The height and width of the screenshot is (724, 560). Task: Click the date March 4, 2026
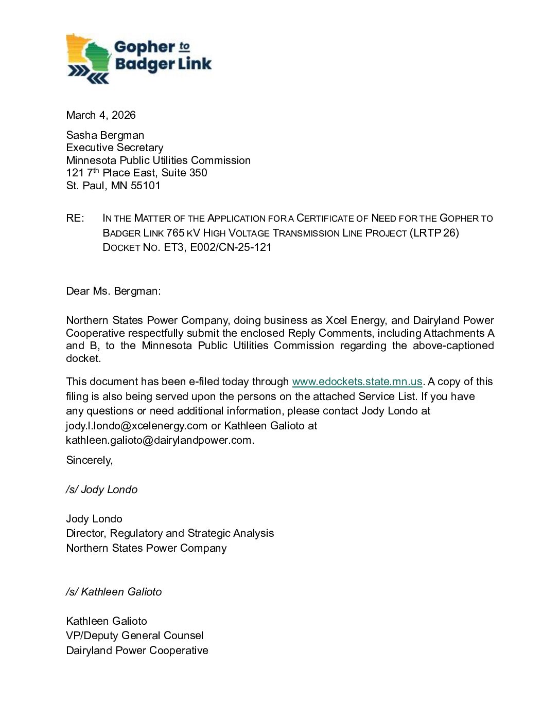tap(101, 115)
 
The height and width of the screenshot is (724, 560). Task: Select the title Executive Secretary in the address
tap(114, 148)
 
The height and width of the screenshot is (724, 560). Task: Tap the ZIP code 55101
tap(146, 186)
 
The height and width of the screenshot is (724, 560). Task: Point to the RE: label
tap(75, 218)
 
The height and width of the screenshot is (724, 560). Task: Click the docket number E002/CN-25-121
tap(231, 247)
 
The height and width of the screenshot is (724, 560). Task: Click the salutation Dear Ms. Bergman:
tap(113, 291)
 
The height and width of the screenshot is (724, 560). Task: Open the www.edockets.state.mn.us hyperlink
tap(357, 382)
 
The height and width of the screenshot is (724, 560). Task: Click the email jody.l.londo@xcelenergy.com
tap(137, 426)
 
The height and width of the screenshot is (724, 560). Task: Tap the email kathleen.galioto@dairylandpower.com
tap(159, 440)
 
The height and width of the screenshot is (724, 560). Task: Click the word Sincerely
tap(89, 460)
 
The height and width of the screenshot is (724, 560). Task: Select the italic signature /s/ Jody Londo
tap(102, 490)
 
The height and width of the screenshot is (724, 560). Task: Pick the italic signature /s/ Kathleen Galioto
tap(114, 592)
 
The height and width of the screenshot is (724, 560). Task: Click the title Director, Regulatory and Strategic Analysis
tap(170, 533)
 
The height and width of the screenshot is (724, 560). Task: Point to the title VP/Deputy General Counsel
tap(135, 636)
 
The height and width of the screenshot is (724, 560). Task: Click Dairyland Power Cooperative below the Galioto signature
tap(137, 650)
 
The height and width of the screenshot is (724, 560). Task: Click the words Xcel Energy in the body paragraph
tap(355, 320)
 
